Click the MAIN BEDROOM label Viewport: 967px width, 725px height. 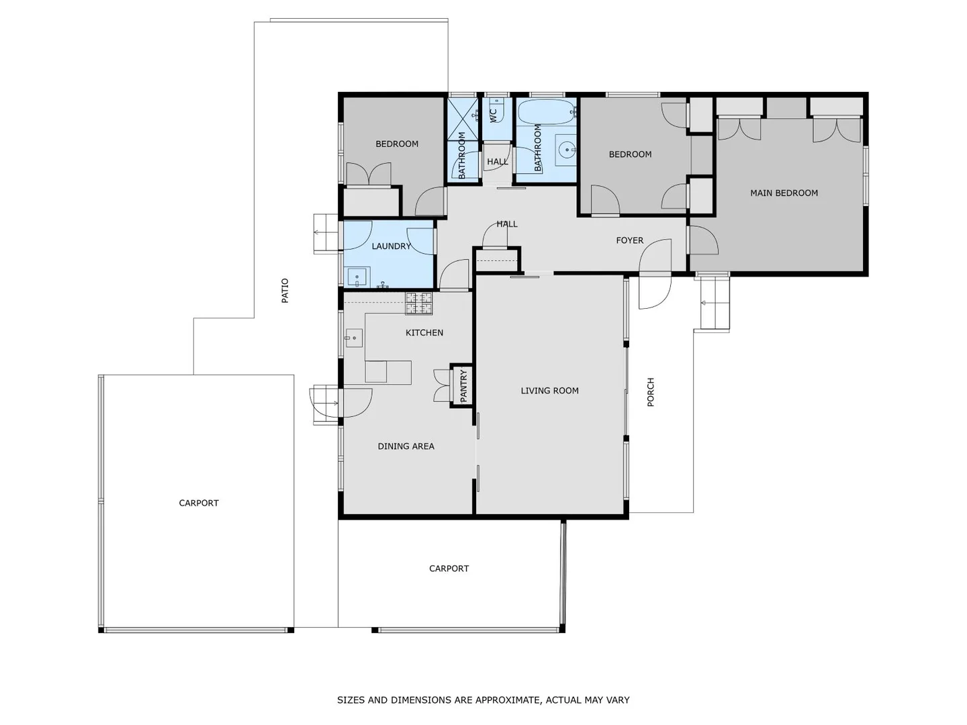(x=784, y=193)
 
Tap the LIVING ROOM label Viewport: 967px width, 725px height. (x=549, y=391)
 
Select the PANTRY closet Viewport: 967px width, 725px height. (x=463, y=386)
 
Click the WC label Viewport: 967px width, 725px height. (x=494, y=115)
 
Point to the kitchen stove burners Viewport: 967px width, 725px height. (x=418, y=303)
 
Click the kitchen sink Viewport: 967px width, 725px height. (x=354, y=338)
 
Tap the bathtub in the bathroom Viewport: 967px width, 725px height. (x=547, y=111)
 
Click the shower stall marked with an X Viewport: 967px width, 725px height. (x=462, y=119)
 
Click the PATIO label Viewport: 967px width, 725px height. (x=285, y=291)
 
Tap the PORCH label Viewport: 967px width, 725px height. (x=650, y=392)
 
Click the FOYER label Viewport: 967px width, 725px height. (x=629, y=240)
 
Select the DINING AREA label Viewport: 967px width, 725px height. (x=406, y=446)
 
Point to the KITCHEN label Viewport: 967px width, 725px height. (x=424, y=333)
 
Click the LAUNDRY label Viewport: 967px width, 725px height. (x=391, y=246)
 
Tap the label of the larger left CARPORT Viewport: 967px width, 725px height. (x=199, y=503)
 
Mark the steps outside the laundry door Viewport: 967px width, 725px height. (x=326, y=233)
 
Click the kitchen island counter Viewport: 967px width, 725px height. (x=387, y=372)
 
